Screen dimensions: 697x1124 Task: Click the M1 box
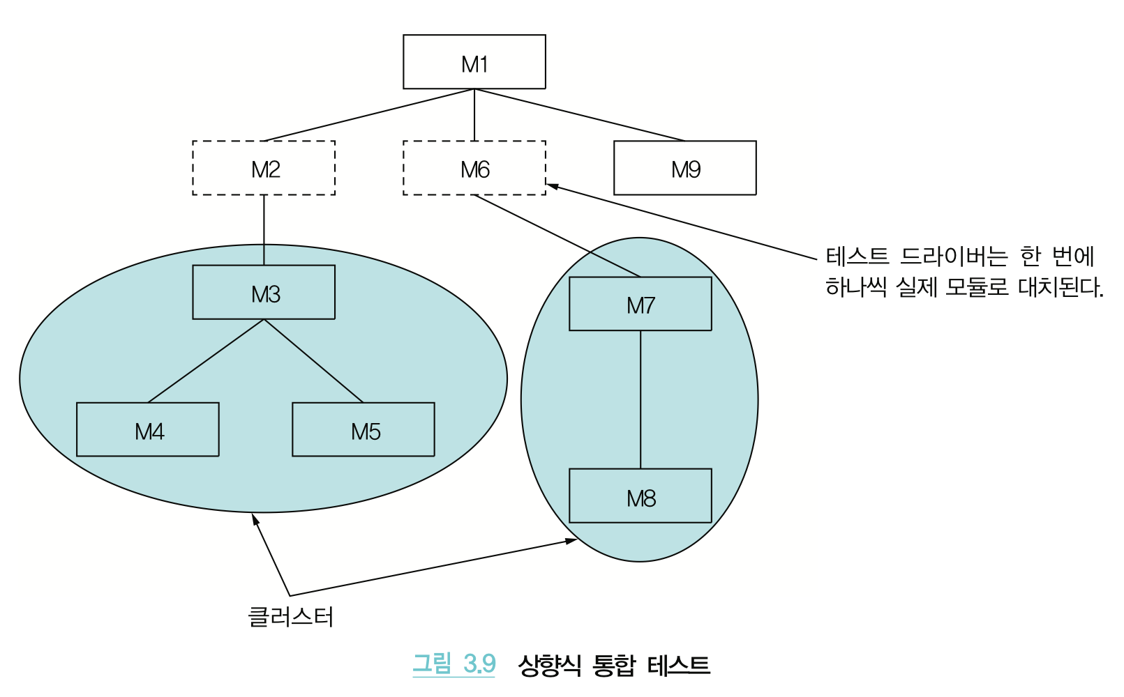click(x=474, y=62)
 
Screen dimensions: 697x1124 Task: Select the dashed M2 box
click(x=264, y=168)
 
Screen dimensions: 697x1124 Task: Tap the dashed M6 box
click(x=474, y=168)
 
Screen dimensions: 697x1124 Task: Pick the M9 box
click(x=685, y=168)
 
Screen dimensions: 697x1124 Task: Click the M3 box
click(x=264, y=292)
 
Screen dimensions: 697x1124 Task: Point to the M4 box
click(x=148, y=429)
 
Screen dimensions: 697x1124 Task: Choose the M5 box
click(x=364, y=429)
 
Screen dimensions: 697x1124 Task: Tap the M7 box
click(x=640, y=304)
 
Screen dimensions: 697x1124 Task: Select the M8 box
click(x=640, y=496)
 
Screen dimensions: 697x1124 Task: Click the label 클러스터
click(x=291, y=616)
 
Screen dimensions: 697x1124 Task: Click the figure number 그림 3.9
click(x=454, y=664)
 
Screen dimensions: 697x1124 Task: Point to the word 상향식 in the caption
click(x=549, y=665)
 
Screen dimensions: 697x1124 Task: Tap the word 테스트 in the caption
click(x=678, y=665)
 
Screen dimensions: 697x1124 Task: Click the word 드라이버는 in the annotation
click(x=954, y=256)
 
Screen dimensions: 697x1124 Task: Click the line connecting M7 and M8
click(x=640, y=399)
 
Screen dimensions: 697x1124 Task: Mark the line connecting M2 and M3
click(x=264, y=230)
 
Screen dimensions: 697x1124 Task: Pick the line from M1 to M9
click(x=579, y=115)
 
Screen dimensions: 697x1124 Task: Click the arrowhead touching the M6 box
click(x=551, y=186)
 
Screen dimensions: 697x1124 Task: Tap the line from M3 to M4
click(x=206, y=361)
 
